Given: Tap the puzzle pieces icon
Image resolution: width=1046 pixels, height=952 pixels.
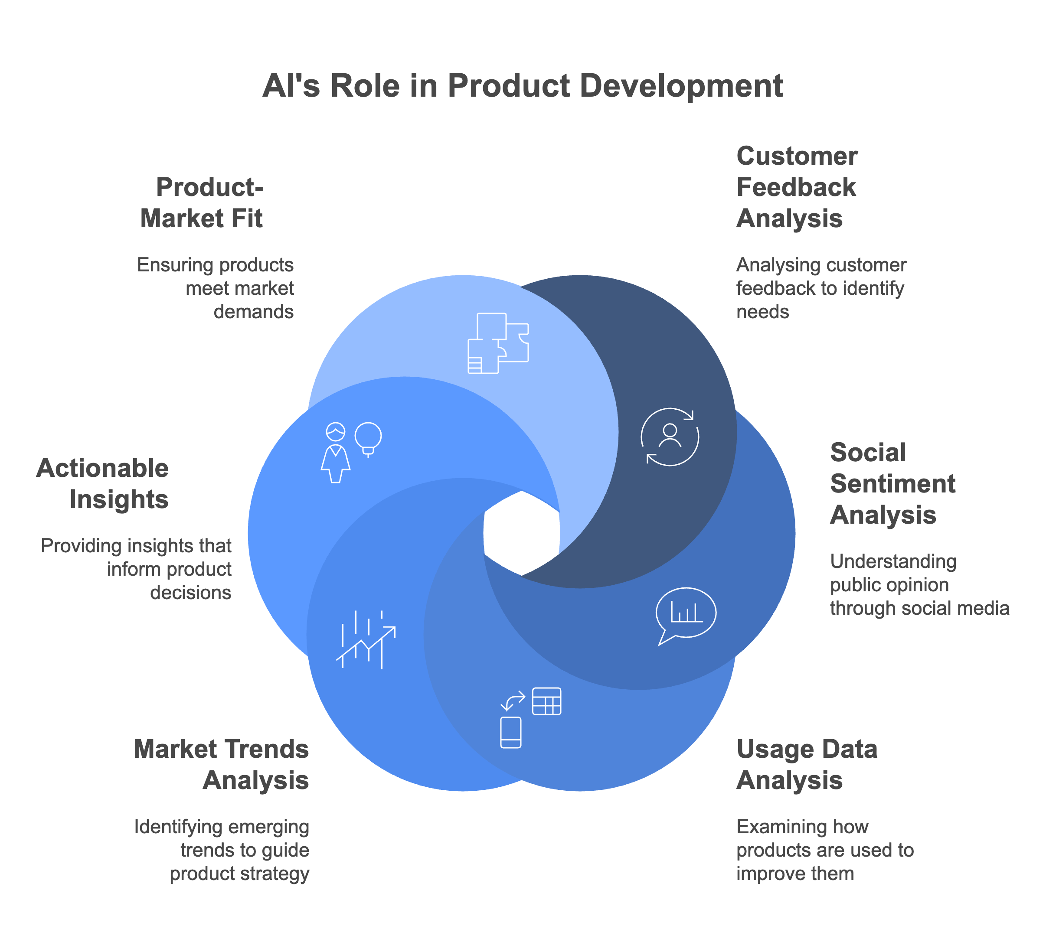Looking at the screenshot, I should pos(497,343).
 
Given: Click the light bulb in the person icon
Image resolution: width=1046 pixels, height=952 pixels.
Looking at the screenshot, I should pos(368,437).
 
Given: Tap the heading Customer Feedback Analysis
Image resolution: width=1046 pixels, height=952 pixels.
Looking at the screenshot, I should pos(797,187).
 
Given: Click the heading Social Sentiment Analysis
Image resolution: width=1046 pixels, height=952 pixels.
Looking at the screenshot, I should pos(892,483).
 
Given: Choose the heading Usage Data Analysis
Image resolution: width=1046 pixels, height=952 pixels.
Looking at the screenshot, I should pos(807,765).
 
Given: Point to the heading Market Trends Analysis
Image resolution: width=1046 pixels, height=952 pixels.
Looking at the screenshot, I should pos(222,765).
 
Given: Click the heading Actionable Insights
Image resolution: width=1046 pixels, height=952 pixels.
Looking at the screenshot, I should pos(103,483).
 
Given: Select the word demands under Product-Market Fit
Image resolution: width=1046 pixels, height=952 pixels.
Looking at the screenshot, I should pos(254,312).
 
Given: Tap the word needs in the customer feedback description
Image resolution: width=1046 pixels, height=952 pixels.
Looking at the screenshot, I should pos(762,312).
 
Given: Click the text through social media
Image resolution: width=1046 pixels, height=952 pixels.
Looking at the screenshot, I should pos(919,608).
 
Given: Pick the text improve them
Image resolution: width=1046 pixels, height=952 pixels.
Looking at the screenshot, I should pos(795,874).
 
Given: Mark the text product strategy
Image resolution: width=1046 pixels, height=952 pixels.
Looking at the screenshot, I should pos(239,874).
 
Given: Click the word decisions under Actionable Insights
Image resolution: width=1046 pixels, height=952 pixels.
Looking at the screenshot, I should pos(190,593).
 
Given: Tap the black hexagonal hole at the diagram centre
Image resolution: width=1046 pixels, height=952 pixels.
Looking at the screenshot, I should pos(521,533).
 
